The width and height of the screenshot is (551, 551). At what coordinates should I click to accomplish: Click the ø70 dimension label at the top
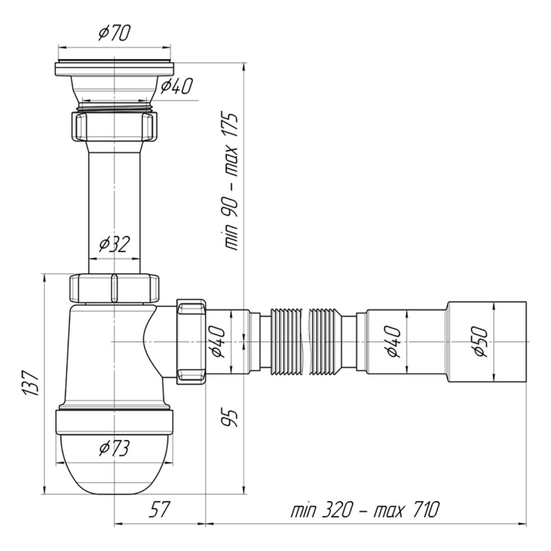tap(114, 33)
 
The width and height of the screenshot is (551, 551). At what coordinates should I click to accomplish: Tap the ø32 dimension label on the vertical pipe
tap(114, 244)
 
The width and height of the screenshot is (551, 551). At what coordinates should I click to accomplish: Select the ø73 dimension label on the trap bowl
tap(114, 449)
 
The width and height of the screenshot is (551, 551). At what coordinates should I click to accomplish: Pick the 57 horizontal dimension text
tap(159, 510)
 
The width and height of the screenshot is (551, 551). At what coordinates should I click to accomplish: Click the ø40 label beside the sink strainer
tap(177, 87)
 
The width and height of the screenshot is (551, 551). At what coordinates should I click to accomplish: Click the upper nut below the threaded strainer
tap(114, 126)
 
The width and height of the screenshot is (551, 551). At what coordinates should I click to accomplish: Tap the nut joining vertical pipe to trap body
tap(114, 288)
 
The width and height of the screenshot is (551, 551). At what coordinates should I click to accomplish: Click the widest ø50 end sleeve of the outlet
tap(486, 342)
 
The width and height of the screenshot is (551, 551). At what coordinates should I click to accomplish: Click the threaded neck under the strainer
tap(114, 107)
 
